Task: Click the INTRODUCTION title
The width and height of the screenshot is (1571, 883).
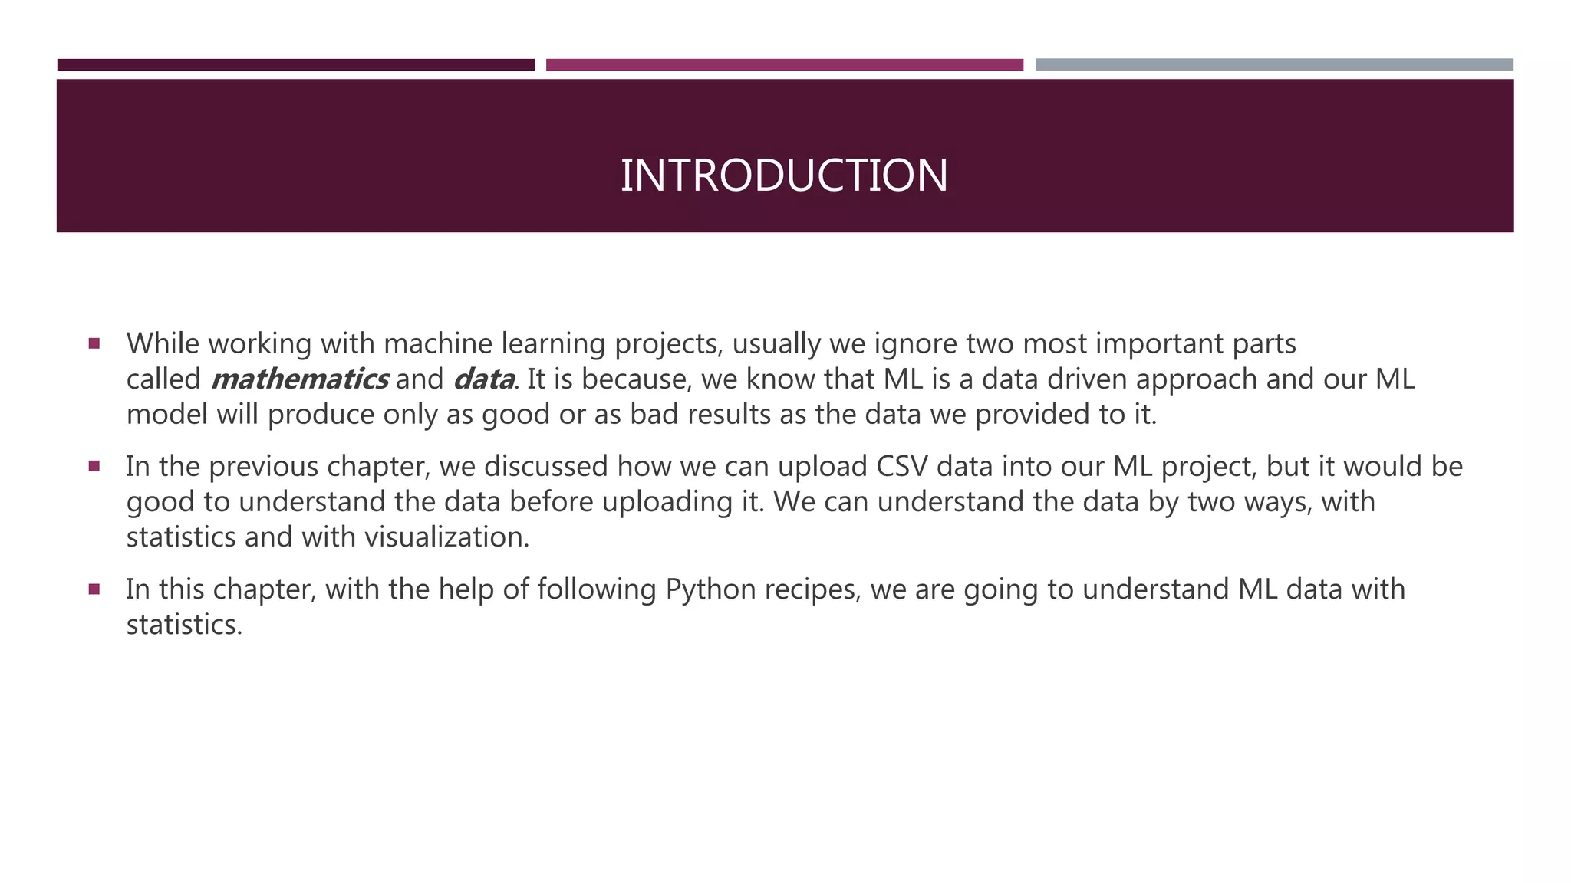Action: [x=784, y=176]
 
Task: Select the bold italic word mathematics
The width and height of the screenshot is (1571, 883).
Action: [x=299, y=379]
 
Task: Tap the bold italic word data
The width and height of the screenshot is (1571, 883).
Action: [x=484, y=379]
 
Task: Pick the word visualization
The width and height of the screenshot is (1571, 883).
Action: [x=446, y=537]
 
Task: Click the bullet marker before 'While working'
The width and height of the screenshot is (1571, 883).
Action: [x=94, y=343]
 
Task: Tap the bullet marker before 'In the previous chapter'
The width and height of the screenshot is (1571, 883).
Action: [x=94, y=466]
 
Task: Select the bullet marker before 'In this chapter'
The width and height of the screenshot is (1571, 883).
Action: [x=94, y=589]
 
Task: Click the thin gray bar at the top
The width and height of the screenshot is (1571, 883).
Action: [x=1274, y=65]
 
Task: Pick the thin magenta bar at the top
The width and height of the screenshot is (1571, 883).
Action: [x=785, y=65]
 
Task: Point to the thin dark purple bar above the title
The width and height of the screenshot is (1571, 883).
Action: [x=296, y=65]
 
